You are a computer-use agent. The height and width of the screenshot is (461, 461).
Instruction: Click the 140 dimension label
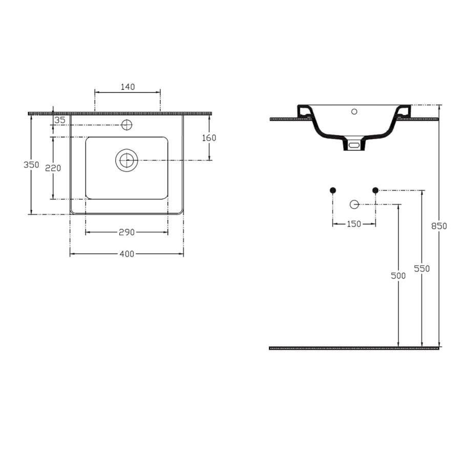coord(128,87)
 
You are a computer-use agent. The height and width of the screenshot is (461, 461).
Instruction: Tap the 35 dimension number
coord(60,120)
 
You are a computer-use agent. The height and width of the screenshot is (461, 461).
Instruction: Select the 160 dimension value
coord(209,138)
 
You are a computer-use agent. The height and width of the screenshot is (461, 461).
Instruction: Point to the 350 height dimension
coord(31,164)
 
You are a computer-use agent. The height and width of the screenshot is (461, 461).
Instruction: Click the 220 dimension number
coord(53,168)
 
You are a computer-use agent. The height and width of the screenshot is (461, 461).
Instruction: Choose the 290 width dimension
coord(127,232)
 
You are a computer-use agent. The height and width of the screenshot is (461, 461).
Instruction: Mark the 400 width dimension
coord(127,254)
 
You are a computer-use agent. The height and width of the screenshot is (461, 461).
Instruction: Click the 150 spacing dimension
coord(354,224)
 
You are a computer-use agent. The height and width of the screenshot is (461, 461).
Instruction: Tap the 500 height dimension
coord(398,276)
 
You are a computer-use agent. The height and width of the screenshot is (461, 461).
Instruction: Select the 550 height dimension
coord(422,268)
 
